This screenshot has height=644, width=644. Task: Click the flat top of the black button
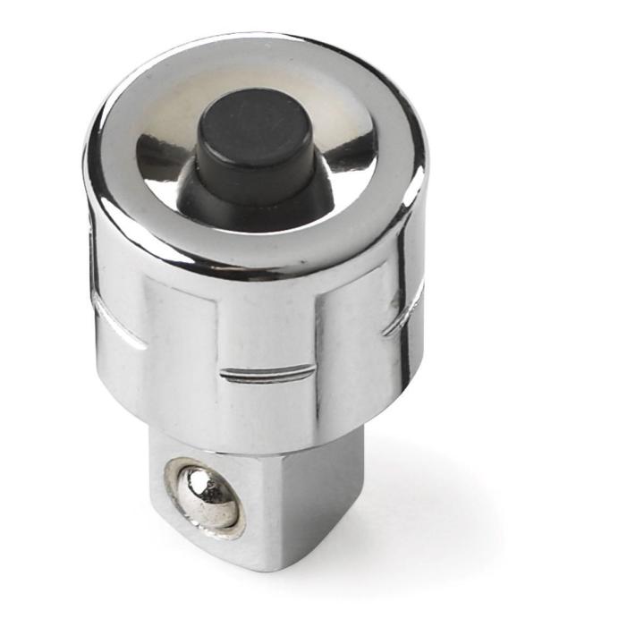coord(255,135)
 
